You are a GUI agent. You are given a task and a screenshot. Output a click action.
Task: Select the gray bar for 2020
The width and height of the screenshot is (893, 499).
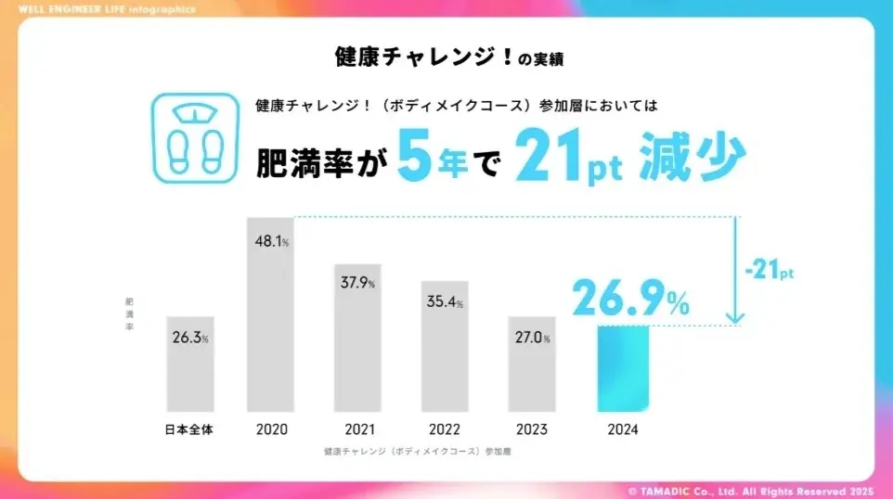click(270, 314)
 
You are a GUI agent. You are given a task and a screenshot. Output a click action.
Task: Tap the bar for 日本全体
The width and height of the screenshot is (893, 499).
click(190, 364)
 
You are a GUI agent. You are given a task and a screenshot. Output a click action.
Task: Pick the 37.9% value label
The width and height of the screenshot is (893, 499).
click(357, 283)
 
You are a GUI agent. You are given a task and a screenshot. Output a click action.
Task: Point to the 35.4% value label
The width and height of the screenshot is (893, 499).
click(445, 301)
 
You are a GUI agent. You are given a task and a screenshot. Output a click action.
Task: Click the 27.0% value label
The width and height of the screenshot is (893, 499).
click(532, 338)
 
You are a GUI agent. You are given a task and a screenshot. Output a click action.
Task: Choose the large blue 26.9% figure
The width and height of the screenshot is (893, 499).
click(630, 297)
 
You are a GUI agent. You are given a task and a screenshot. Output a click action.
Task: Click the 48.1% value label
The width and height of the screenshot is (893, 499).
click(270, 240)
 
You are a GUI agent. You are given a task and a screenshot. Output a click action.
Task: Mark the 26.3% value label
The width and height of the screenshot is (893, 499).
click(190, 338)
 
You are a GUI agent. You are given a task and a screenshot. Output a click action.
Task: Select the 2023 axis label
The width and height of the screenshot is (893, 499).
click(532, 429)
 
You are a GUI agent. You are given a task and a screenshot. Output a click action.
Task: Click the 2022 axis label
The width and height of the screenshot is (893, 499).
click(445, 429)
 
